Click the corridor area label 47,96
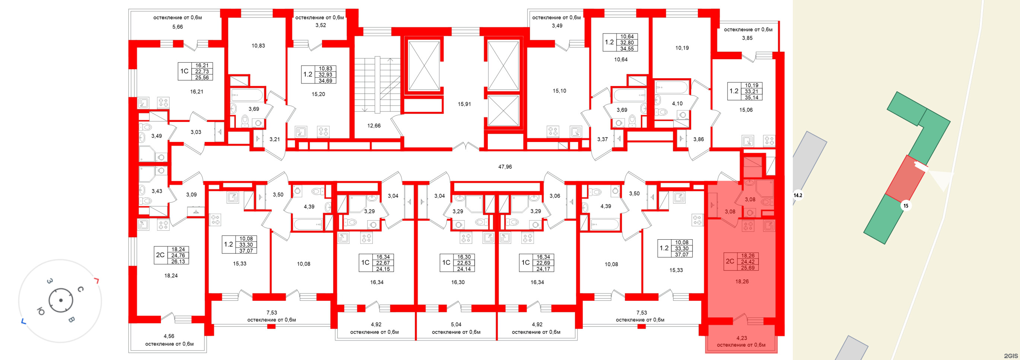coord(505,167)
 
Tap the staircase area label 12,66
coord(374,126)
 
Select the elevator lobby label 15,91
coord(464,104)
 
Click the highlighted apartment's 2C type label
coord(730,261)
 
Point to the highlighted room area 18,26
coord(742,282)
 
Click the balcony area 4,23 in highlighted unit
coord(741,338)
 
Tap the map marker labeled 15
coord(906,206)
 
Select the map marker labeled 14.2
coord(797,195)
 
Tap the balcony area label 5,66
coord(177,27)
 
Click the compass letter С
coord(80,289)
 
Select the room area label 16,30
coord(458,282)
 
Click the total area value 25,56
coord(202,78)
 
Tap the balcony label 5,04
coord(456,324)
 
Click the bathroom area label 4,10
coord(677,103)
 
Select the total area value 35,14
coord(751,97)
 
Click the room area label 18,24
coord(171,276)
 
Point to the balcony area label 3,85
coord(747,38)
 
